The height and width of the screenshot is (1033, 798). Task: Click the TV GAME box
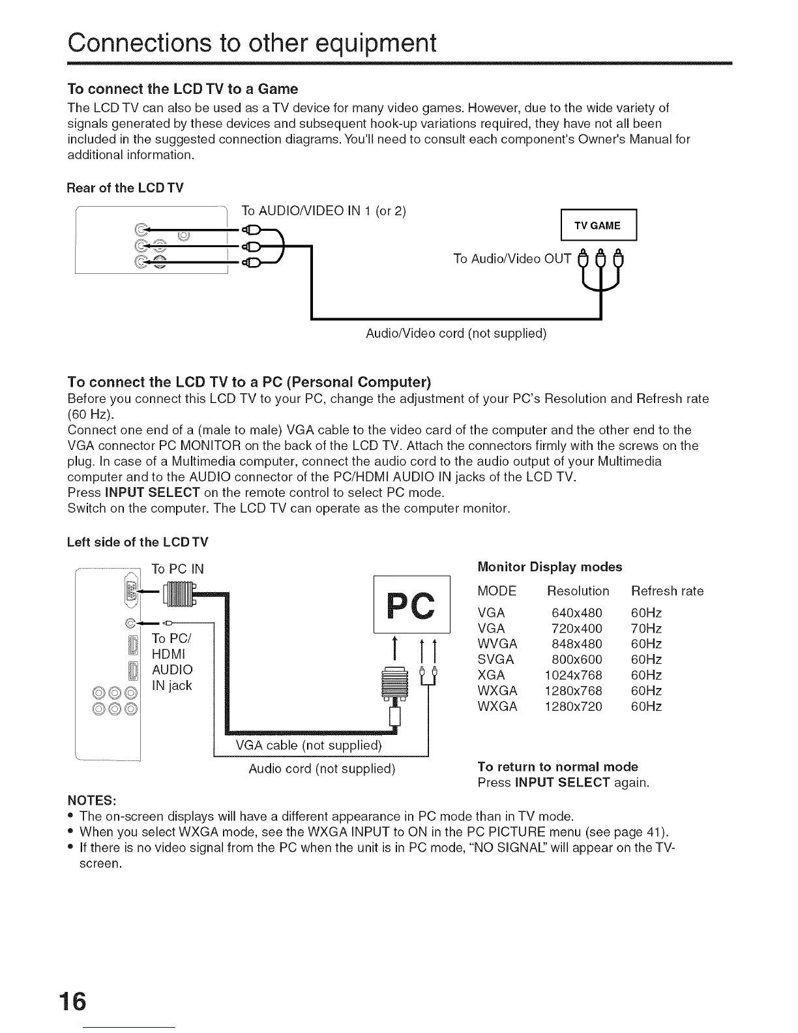click(597, 226)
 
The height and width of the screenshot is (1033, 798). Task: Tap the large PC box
click(412, 605)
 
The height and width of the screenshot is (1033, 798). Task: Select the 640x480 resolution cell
click(577, 613)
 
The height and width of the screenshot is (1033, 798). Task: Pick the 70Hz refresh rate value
click(647, 629)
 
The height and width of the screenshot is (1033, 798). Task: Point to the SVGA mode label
click(495, 659)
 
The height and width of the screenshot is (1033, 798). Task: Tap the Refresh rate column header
click(668, 591)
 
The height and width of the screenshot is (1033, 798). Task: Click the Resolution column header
click(578, 591)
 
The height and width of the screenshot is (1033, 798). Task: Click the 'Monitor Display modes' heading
click(550, 567)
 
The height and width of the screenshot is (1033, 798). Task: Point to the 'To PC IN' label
click(178, 569)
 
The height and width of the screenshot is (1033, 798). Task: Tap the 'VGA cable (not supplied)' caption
click(308, 745)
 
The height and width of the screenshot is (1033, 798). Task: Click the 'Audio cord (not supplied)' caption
click(322, 768)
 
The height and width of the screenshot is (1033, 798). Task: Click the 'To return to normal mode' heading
click(557, 766)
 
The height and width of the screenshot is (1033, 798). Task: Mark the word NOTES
click(92, 800)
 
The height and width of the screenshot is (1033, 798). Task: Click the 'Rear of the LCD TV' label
click(125, 188)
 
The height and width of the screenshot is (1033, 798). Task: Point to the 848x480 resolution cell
click(577, 644)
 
